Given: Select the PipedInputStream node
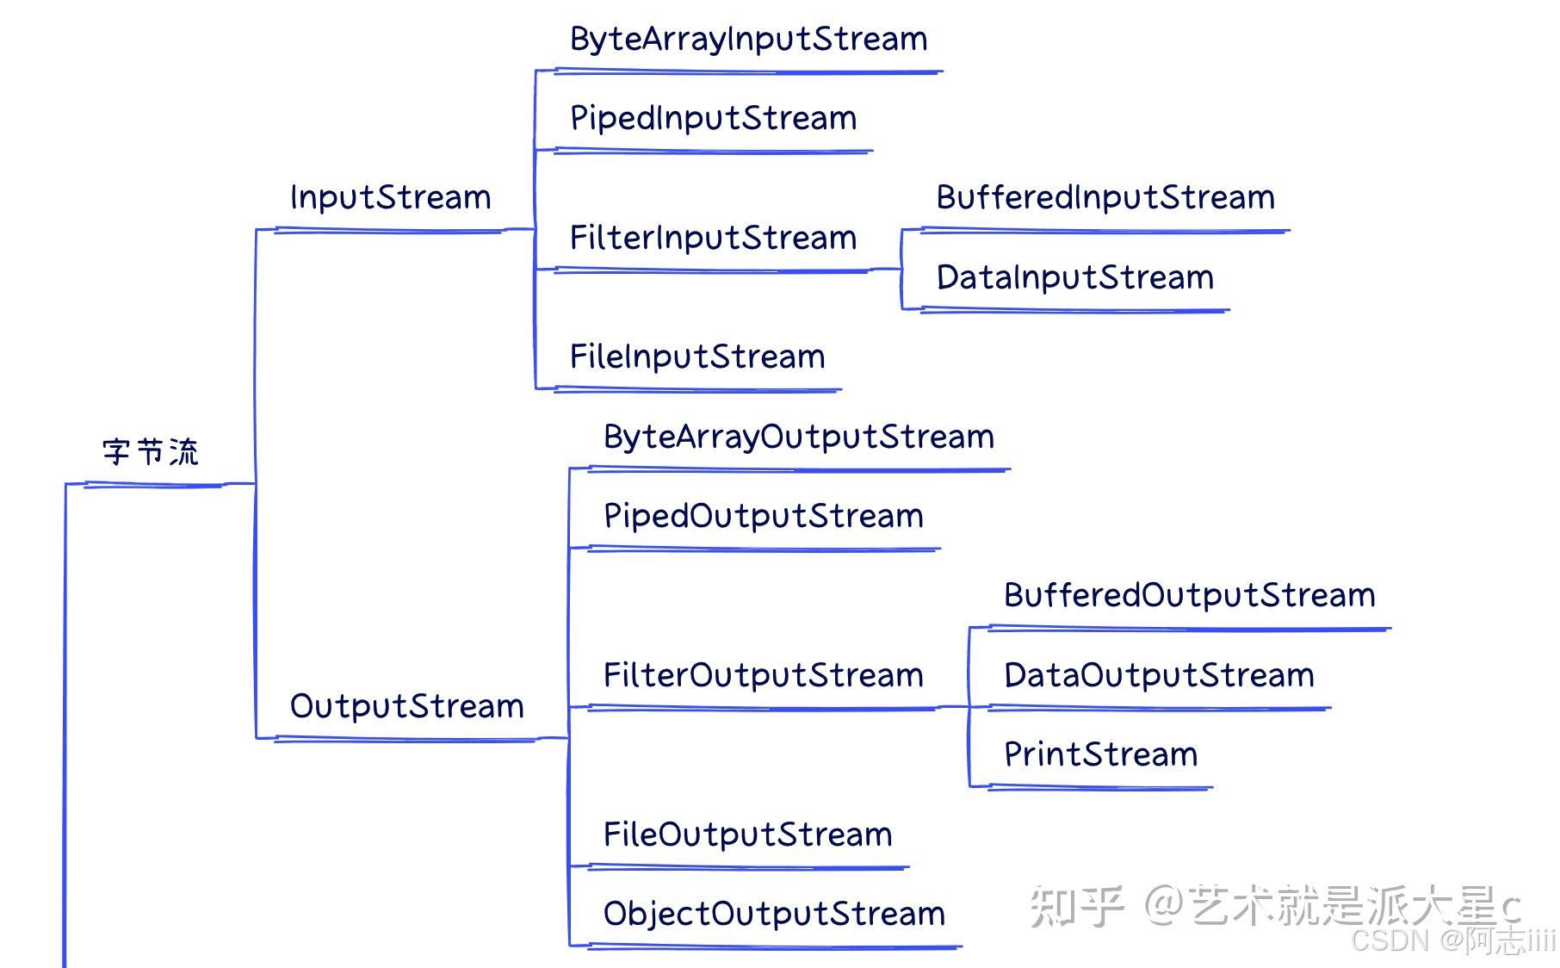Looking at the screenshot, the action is point(714,119).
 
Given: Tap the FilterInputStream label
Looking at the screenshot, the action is point(714,238).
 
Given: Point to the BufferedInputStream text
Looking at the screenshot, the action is point(1105,198).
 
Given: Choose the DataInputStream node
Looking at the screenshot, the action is point(1075,278).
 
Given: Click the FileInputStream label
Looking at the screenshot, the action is point(697,357).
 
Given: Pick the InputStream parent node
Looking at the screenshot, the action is point(391,198).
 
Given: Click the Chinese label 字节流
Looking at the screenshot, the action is point(151,451).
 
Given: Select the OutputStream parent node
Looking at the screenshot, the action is point(407,706).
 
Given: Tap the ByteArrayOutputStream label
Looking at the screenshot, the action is point(799,437).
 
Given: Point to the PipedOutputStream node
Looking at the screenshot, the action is point(764,517).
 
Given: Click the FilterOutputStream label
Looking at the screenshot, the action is point(764,675).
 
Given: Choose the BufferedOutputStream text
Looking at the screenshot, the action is point(1190,596).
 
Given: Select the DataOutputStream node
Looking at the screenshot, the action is point(1160,675).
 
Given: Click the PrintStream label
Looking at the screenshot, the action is point(1101,754).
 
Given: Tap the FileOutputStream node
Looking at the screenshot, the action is point(748,835).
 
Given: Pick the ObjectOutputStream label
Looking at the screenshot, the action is point(775,915).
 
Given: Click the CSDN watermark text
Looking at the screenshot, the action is point(1454,940).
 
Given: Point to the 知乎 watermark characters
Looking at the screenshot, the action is point(1077,906).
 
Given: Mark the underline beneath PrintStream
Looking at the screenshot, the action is point(1100,787).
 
